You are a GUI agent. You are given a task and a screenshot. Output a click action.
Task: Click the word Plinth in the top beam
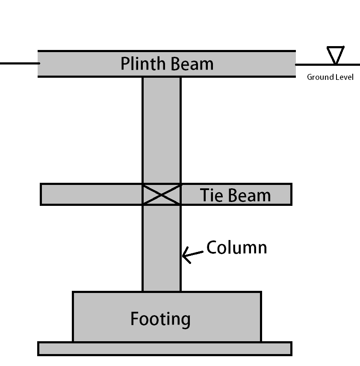143,64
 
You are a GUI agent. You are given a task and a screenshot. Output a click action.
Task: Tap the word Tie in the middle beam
210,195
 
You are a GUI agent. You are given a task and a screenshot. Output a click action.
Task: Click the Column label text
236,248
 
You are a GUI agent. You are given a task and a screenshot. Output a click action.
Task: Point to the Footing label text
160,319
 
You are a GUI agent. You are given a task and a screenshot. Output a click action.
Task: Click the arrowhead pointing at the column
185,256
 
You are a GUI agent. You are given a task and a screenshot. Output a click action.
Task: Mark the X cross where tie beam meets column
161,194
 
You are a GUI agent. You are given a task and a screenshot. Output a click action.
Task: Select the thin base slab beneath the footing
165,348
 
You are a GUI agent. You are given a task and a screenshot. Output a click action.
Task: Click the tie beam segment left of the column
91,194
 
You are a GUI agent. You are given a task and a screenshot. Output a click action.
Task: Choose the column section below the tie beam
161,248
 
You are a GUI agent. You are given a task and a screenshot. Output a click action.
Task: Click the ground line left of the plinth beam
19,64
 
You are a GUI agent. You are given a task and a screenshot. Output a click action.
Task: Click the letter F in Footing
135,319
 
